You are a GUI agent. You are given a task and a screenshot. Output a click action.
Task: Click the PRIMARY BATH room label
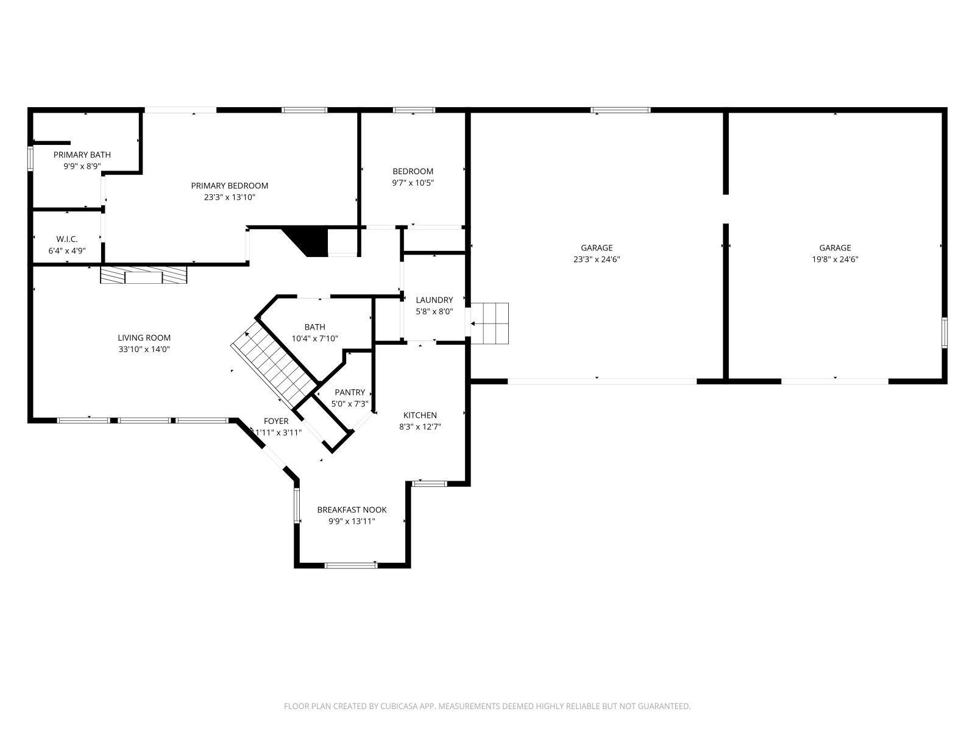pyautogui.click(x=82, y=155)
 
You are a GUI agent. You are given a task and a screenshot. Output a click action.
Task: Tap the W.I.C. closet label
pyautogui.click(x=67, y=239)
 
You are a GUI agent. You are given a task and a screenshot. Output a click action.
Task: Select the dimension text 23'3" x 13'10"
pyautogui.click(x=229, y=197)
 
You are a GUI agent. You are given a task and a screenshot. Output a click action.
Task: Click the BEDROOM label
pyautogui.click(x=413, y=171)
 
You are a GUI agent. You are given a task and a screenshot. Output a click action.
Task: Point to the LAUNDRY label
pyautogui.click(x=434, y=300)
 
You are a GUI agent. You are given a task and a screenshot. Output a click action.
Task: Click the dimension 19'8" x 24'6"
pyautogui.click(x=835, y=259)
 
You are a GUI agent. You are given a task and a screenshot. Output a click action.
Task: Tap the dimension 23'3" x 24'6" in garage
pyautogui.click(x=597, y=259)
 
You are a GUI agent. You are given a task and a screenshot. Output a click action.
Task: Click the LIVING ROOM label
pyautogui.click(x=144, y=337)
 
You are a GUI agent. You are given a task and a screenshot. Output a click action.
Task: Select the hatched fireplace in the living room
pyautogui.click(x=144, y=275)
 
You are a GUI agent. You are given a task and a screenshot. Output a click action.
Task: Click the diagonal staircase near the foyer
pyautogui.click(x=274, y=365)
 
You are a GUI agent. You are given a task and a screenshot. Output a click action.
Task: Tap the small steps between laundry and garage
pyautogui.click(x=490, y=323)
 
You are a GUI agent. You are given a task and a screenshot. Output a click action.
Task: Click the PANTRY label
pyautogui.click(x=350, y=392)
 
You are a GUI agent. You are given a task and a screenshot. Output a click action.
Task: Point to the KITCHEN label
pyautogui.click(x=420, y=415)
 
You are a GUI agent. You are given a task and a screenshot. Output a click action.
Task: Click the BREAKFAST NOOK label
pyautogui.click(x=352, y=510)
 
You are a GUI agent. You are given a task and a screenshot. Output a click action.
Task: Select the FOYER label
pyautogui.click(x=276, y=421)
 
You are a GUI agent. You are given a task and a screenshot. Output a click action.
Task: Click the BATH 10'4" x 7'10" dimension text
pyautogui.click(x=314, y=339)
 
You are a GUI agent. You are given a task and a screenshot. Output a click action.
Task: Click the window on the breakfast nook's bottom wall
pyautogui.click(x=351, y=565)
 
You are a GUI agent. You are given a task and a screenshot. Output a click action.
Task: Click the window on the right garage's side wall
pyautogui.click(x=944, y=333)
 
